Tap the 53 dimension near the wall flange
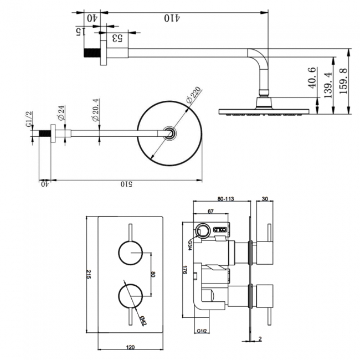click(116, 38)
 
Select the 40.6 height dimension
click(311, 78)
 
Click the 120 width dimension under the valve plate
click(131, 347)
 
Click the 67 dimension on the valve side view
click(210, 212)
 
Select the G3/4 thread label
click(190, 245)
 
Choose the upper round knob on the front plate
click(131, 254)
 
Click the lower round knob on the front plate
click(131, 296)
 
